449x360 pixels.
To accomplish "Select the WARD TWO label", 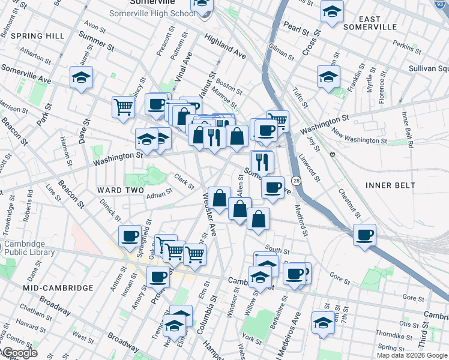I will click(121, 190).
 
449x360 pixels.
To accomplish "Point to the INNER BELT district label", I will click(390, 185).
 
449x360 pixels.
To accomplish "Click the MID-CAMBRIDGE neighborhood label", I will click(58, 288).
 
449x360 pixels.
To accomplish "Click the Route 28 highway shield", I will click(296, 180).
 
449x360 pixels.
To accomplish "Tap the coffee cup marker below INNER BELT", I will click(364, 235).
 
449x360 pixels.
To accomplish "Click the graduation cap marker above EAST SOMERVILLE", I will click(332, 11).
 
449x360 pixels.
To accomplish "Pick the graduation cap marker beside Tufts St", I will click(329, 76).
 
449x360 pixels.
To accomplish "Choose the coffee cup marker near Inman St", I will click(130, 236).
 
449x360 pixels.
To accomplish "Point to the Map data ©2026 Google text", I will click(412, 355).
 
